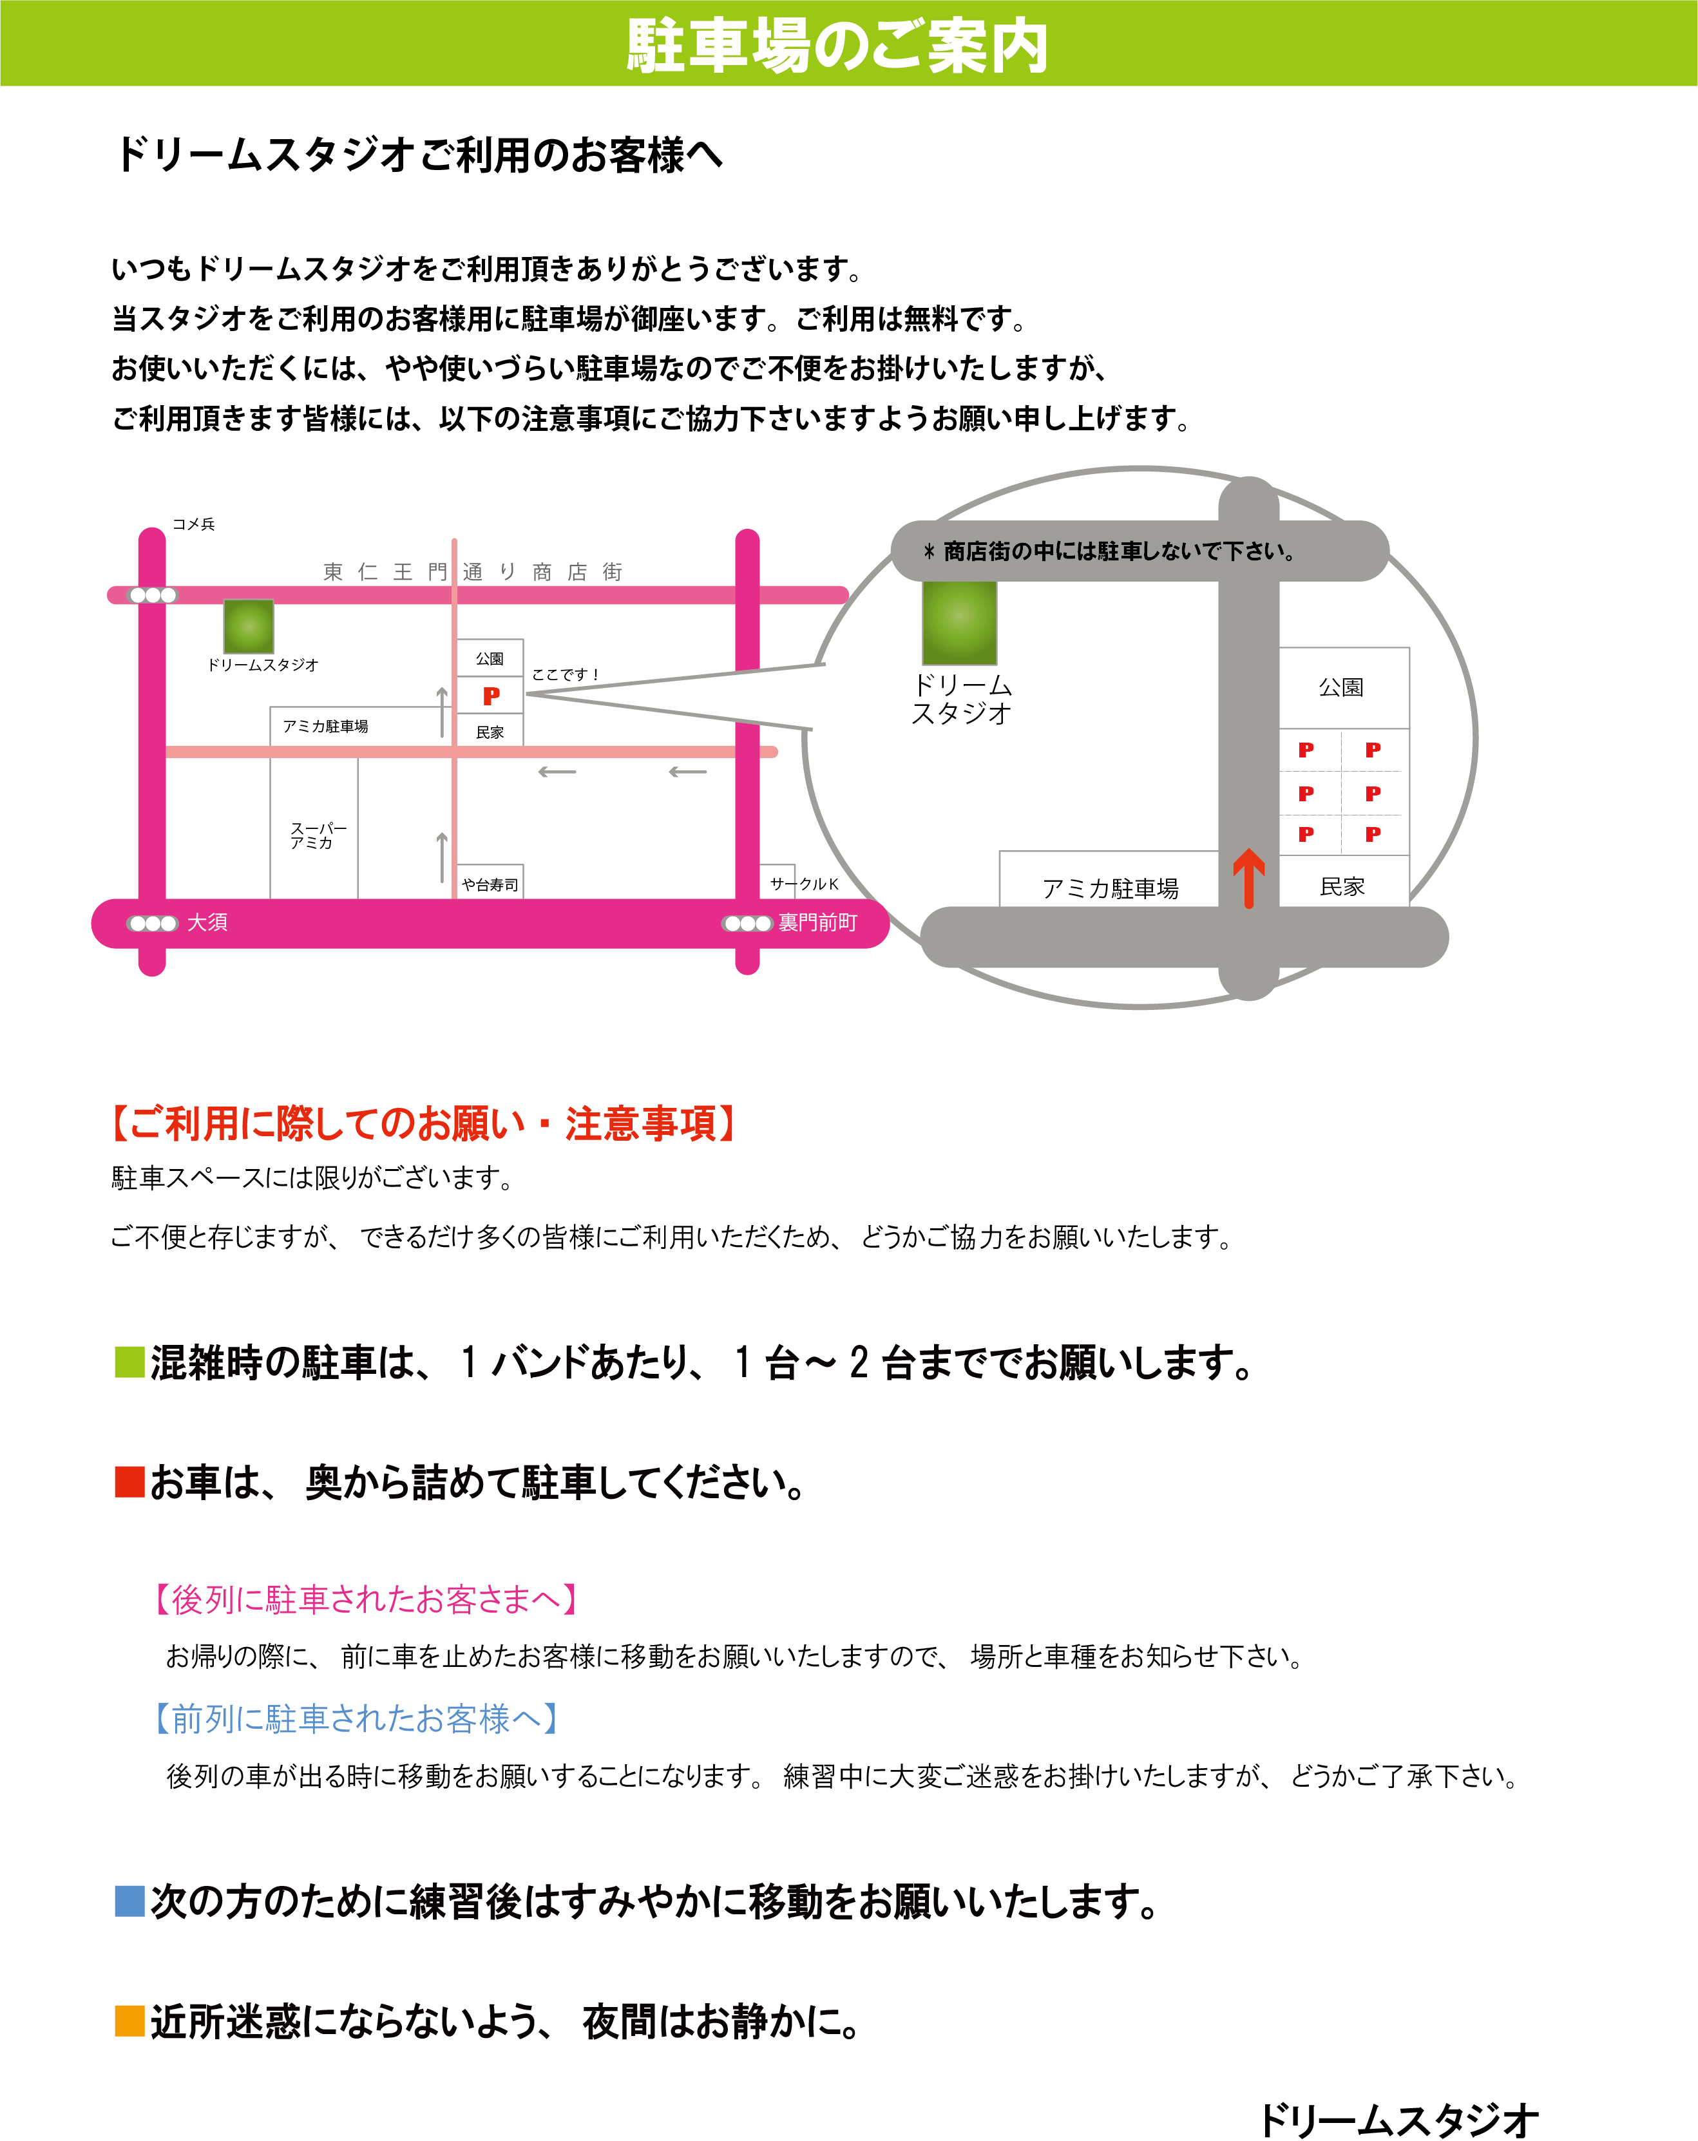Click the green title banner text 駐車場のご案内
coord(837,46)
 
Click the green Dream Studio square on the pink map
coord(248,627)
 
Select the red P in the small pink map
coord(491,696)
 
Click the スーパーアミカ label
coord(318,835)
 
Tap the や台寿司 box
coord(490,882)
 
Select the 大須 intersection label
coord(207,922)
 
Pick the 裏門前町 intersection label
coord(817,922)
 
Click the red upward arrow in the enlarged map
coord(1248,879)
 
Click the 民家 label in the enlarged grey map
coord(1342,887)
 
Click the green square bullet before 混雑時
coord(130,1362)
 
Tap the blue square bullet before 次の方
coord(130,1901)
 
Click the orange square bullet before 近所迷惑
coord(130,2020)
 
